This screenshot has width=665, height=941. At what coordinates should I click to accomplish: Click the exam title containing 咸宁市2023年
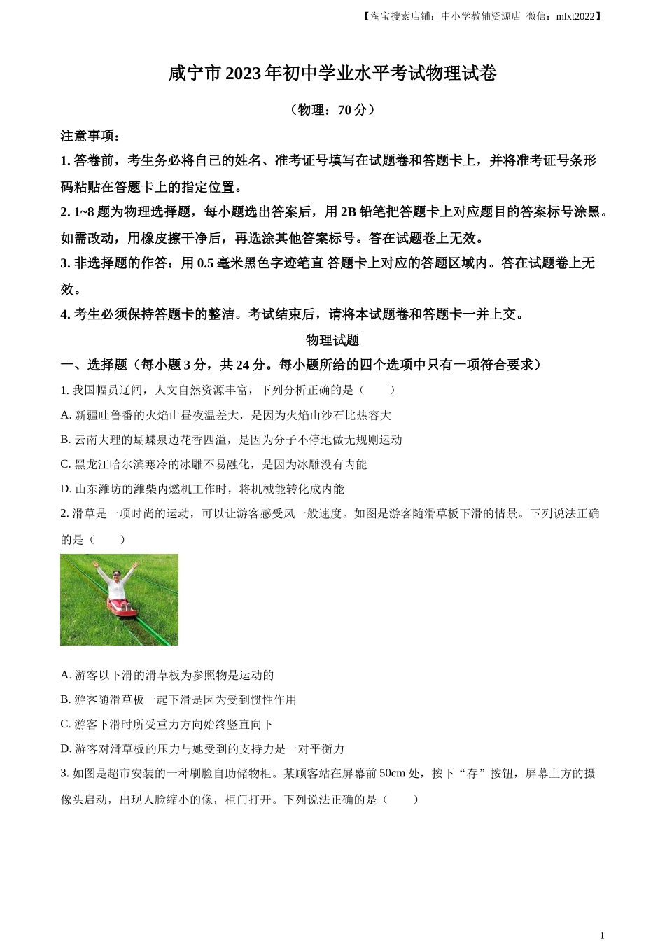coord(332,74)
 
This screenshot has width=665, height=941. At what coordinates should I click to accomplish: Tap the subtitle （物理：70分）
coord(332,110)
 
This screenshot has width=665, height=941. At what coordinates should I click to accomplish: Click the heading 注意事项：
coord(90,136)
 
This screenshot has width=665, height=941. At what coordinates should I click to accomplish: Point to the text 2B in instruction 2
coord(348,211)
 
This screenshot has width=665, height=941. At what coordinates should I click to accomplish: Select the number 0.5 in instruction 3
coord(205,263)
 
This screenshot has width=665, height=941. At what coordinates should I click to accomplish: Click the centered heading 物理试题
coord(332,340)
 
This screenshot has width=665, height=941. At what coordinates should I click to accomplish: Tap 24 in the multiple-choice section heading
coord(243,365)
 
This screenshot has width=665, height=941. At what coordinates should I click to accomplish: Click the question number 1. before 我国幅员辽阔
coord(64,390)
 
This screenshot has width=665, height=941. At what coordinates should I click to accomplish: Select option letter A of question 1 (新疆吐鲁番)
coord(66,415)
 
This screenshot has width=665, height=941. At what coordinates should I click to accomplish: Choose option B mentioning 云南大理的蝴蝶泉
coord(231,440)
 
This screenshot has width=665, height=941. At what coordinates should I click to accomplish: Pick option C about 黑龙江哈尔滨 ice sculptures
coord(213,464)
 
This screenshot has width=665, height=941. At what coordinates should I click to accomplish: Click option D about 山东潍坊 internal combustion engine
coord(202,489)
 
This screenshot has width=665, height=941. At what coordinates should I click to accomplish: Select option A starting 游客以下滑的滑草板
coord(167,675)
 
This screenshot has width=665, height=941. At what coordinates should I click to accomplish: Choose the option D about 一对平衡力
coord(202,748)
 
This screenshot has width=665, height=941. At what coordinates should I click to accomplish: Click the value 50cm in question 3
coord(392,774)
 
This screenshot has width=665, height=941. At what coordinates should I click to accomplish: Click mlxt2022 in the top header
coord(575,16)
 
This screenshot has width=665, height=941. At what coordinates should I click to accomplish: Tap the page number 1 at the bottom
coord(601,935)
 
